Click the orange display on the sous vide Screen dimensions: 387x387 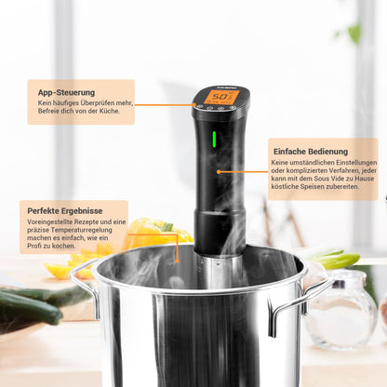tap(220, 97)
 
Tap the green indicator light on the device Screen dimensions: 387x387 tap(215, 140)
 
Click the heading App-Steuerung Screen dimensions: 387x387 tap(65, 93)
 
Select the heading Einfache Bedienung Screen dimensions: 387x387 tap(311, 151)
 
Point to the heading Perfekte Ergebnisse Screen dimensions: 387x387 tap(64, 211)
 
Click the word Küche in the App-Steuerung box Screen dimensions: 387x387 tap(110, 113)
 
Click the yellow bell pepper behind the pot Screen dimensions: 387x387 tap(149, 235)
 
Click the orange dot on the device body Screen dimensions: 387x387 tap(219, 171)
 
